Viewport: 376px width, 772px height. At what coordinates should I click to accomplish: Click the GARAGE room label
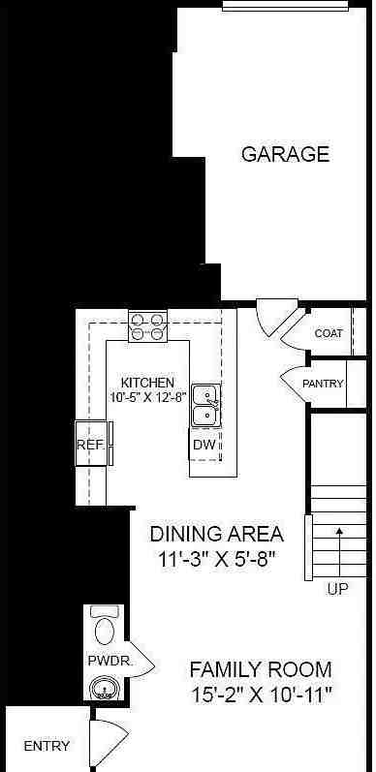click(285, 154)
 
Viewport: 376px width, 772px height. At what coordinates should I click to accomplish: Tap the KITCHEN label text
click(147, 383)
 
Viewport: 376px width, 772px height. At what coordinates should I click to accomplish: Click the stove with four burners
click(147, 325)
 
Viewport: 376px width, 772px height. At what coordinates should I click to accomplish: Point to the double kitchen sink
click(204, 405)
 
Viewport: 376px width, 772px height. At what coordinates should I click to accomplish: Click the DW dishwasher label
click(204, 445)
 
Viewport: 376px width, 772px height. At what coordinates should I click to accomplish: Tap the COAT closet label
click(329, 333)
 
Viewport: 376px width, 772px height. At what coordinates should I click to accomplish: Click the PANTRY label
click(323, 384)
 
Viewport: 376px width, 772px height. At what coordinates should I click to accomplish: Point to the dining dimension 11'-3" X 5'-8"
click(216, 559)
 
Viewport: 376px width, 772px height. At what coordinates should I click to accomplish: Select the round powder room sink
click(102, 690)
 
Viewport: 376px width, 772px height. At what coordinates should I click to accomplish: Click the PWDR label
click(103, 661)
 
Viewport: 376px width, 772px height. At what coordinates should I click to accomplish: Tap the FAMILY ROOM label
click(260, 669)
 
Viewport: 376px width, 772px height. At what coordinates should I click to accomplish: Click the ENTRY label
click(46, 746)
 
